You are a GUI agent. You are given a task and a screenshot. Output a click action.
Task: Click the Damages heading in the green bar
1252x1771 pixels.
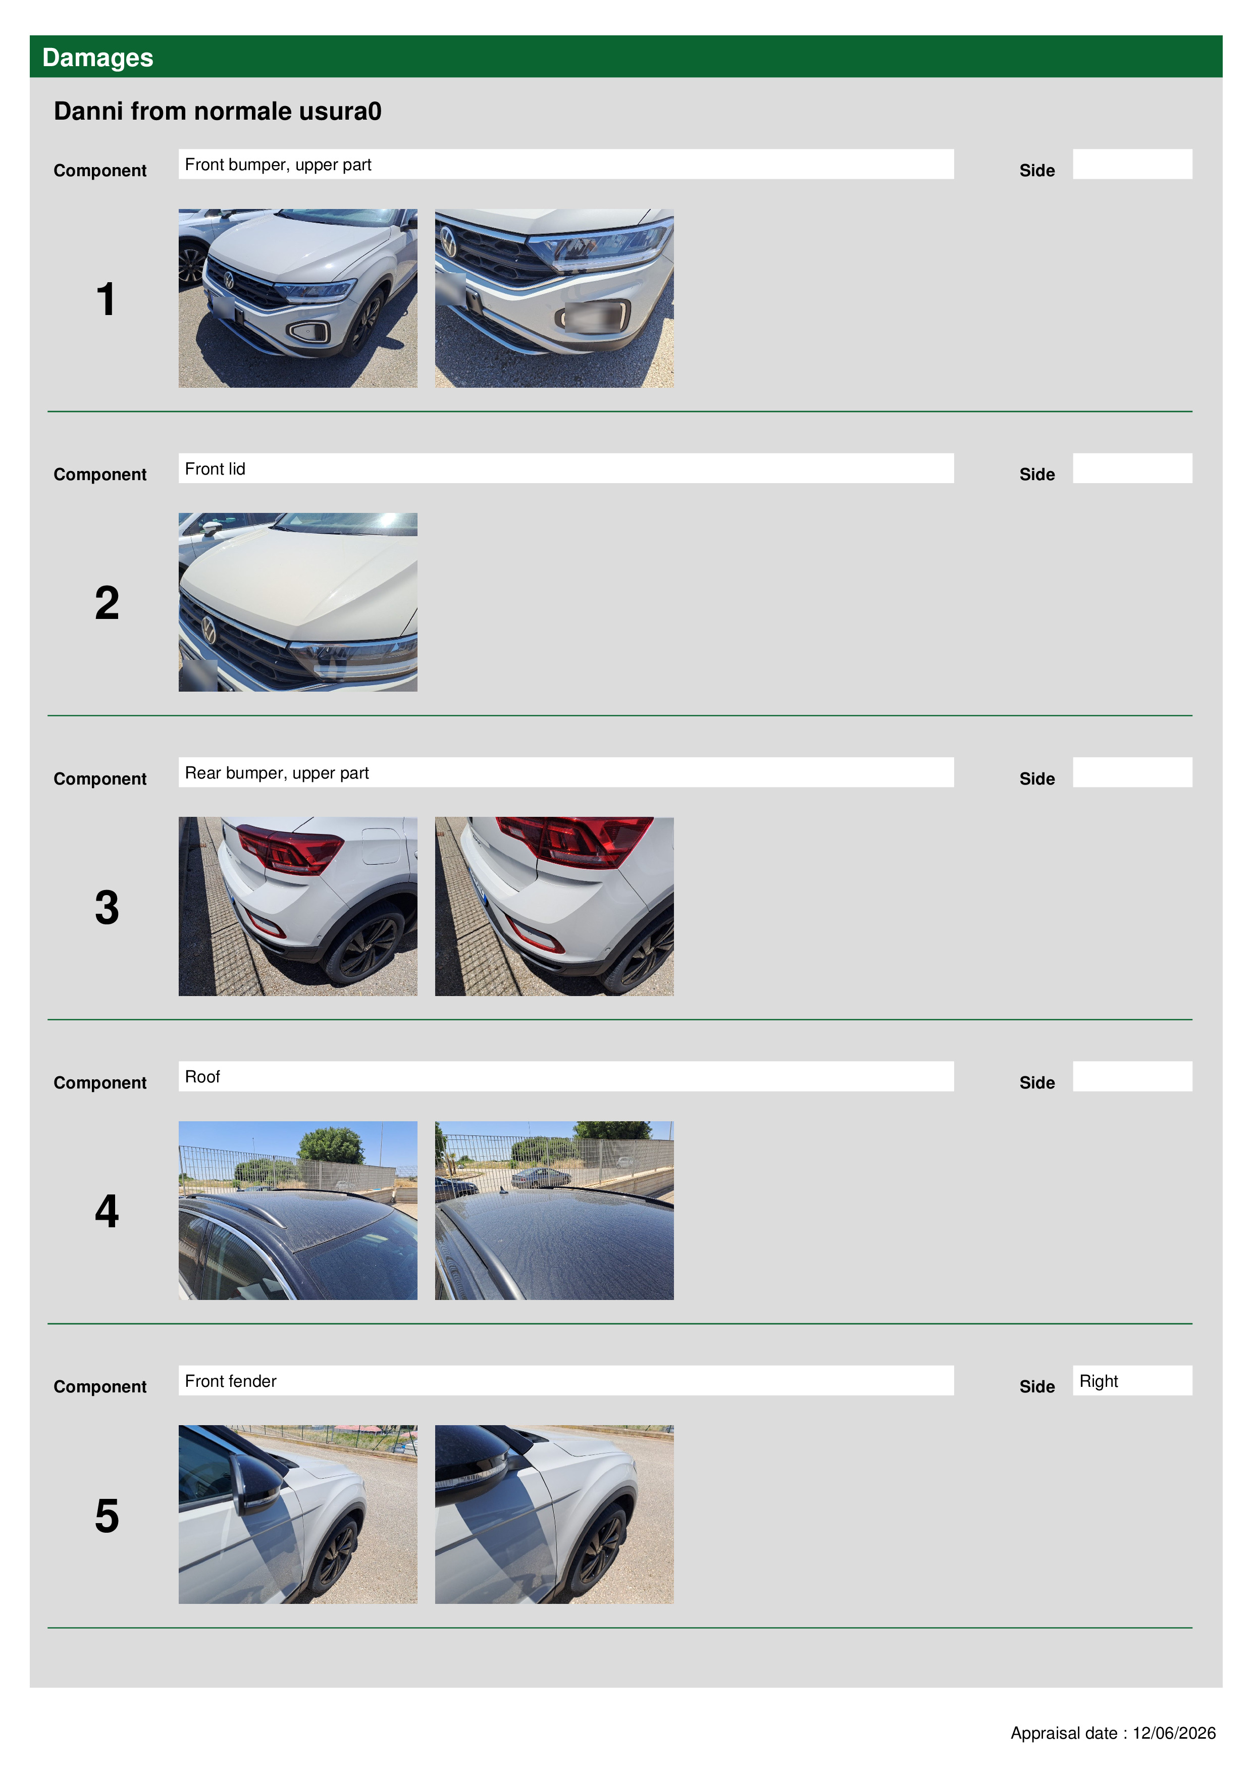(x=97, y=57)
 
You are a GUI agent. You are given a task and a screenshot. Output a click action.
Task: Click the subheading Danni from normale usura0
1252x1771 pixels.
(x=218, y=111)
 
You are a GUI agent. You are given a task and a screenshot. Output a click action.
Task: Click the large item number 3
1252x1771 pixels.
(x=107, y=907)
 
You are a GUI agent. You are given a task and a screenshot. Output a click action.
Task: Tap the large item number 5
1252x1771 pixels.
(x=107, y=1516)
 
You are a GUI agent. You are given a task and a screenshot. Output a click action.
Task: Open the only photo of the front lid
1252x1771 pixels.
(x=298, y=602)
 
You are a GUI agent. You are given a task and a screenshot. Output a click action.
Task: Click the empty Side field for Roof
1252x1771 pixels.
(x=1132, y=1076)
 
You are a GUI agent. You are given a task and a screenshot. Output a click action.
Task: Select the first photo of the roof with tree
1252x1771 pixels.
(x=298, y=1210)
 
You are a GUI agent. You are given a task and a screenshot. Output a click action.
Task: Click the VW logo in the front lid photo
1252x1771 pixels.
(x=208, y=630)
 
